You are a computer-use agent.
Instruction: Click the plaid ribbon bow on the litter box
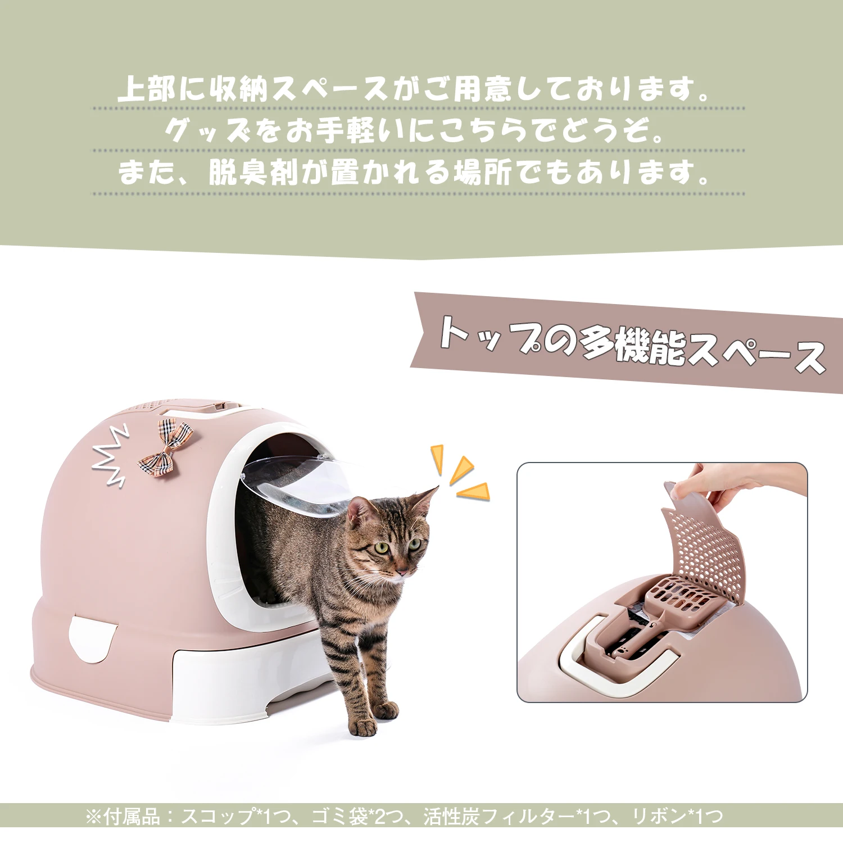click(166, 447)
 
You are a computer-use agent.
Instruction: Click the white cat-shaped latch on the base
click(93, 638)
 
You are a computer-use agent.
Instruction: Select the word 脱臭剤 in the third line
click(253, 172)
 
